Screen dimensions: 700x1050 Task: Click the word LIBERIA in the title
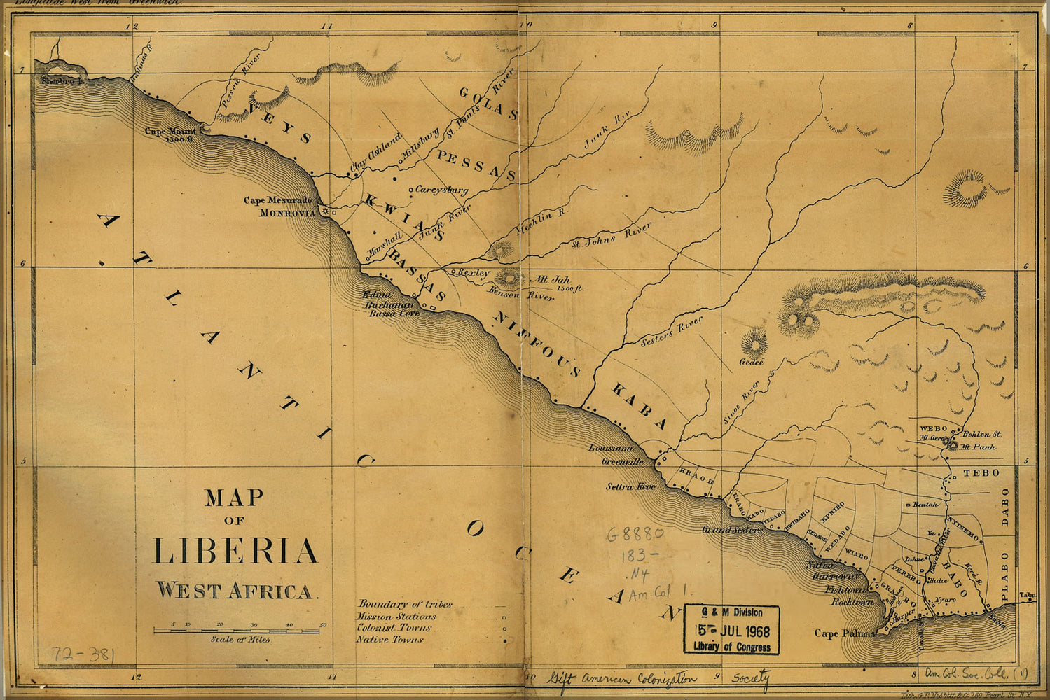tap(235, 551)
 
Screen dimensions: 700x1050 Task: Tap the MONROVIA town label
tap(287, 213)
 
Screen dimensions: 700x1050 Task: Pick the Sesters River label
tap(672, 331)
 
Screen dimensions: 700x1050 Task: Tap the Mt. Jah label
tap(553, 279)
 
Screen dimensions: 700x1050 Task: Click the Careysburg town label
tap(441, 189)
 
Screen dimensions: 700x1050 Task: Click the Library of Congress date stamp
tap(731, 629)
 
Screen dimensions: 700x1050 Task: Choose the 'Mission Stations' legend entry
tap(396, 617)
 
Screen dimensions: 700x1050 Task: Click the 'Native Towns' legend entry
tap(389, 639)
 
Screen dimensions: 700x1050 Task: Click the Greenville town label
tap(622, 462)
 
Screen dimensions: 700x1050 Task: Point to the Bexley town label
tap(474, 272)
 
